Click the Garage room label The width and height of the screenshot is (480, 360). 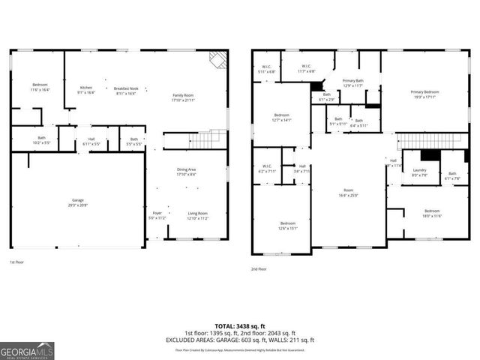pos(77,202)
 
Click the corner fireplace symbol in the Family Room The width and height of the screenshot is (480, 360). pos(218,59)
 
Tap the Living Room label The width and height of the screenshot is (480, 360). pos(198,216)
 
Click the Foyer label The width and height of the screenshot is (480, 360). pos(157,216)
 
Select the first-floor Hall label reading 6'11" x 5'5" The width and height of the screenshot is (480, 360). pos(91,141)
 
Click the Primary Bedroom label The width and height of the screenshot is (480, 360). pos(424,94)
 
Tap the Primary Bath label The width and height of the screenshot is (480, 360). pos(352,82)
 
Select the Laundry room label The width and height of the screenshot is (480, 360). pos(421,173)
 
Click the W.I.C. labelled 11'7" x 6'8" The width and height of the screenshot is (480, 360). pos(306,68)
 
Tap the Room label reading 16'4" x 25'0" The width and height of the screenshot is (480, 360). pos(348,193)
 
